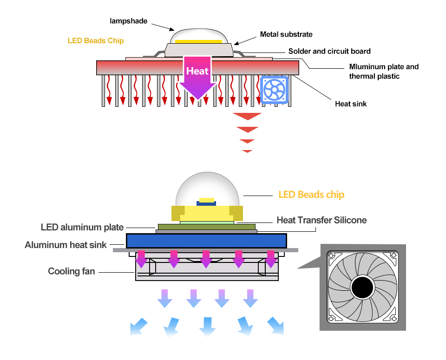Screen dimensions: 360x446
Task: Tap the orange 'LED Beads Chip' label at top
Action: click(x=96, y=40)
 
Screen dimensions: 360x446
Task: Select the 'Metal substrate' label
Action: click(x=286, y=34)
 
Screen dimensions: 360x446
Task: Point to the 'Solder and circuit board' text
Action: click(x=329, y=51)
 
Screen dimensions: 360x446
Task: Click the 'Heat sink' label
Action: click(x=351, y=104)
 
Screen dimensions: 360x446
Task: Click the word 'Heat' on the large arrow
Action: click(x=197, y=71)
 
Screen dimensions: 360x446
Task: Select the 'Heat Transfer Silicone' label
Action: click(x=321, y=220)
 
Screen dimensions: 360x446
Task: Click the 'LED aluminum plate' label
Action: click(x=82, y=227)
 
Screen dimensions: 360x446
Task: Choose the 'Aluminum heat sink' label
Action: click(x=66, y=245)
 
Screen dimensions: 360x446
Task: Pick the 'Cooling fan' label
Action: click(x=72, y=271)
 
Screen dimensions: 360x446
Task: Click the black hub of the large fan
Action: click(x=362, y=288)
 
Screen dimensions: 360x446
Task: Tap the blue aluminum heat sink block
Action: click(x=206, y=240)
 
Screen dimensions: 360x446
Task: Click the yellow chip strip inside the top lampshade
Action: click(x=198, y=41)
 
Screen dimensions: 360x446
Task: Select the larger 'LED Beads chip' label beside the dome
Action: click(x=311, y=194)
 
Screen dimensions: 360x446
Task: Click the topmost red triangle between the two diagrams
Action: click(x=247, y=116)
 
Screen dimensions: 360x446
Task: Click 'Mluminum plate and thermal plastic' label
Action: click(x=384, y=71)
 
